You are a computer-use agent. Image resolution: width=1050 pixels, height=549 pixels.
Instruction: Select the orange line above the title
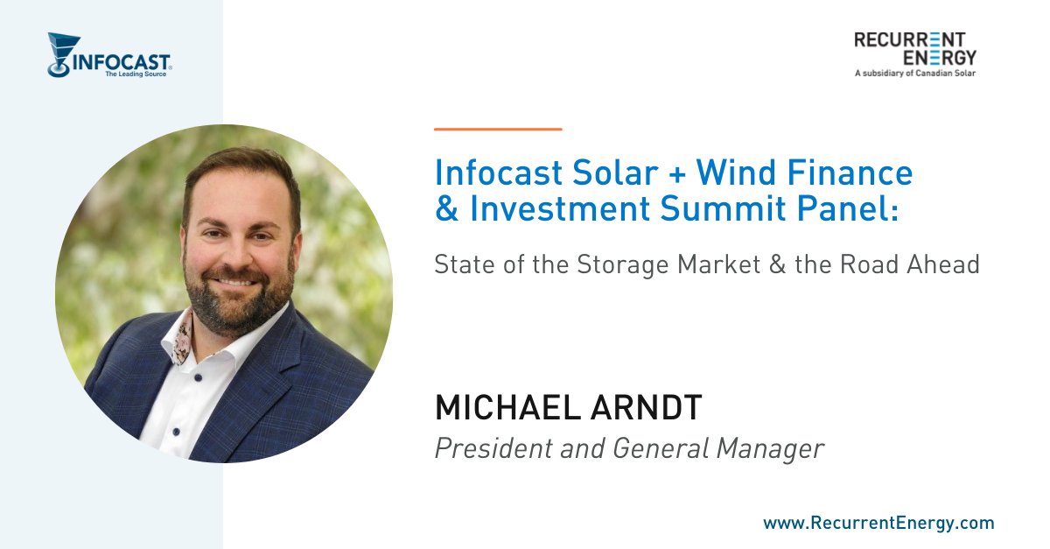(498, 129)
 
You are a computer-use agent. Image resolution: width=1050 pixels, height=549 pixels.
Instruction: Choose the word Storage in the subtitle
(623, 264)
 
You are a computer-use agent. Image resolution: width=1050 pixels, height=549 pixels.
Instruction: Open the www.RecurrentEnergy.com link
(878, 524)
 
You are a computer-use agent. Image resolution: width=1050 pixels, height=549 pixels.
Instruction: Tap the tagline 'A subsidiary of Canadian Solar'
(914, 74)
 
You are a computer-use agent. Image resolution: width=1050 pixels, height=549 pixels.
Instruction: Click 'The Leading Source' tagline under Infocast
(135, 74)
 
